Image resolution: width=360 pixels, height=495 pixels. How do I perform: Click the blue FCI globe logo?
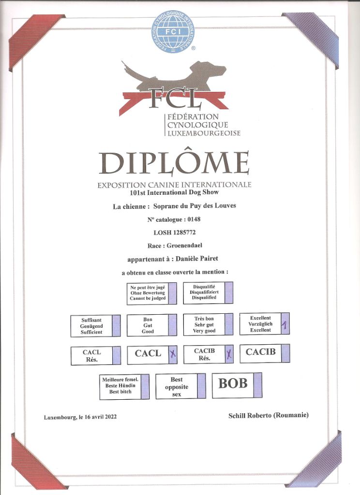click(x=172, y=31)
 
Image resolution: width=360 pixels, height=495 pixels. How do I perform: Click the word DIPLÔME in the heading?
click(x=174, y=163)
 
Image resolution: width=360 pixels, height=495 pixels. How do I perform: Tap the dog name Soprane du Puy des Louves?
click(x=195, y=206)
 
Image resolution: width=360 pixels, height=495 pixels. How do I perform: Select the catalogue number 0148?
click(x=194, y=219)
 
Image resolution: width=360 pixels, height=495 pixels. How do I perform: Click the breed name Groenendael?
click(x=184, y=245)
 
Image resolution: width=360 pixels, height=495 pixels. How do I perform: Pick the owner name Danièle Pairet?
click(x=197, y=259)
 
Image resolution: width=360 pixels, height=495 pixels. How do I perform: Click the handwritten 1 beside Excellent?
click(x=285, y=324)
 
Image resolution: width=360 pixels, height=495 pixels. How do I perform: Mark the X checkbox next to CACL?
click(x=173, y=354)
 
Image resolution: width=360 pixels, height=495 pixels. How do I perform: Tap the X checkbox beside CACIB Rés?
click(x=229, y=354)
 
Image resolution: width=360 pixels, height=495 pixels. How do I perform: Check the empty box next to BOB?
click(x=257, y=385)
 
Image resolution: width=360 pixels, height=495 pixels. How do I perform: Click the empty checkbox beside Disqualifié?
click(x=229, y=292)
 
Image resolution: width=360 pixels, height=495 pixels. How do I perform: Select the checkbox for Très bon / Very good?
click(x=229, y=324)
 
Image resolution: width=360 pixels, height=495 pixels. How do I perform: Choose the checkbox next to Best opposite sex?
click(x=201, y=386)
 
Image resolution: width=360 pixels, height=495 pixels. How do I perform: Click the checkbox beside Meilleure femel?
click(x=145, y=387)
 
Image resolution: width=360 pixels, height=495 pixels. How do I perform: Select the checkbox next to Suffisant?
click(x=116, y=325)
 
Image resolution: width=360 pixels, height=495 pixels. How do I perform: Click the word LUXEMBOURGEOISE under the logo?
click(x=204, y=133)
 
